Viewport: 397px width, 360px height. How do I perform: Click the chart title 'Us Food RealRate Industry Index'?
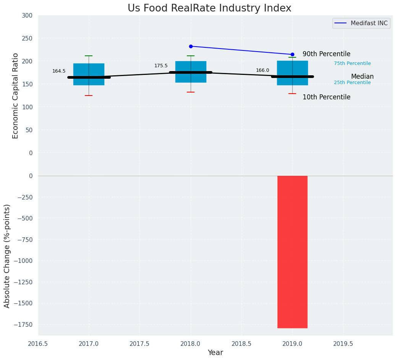coord(209,8)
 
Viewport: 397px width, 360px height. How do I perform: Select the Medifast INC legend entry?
coord(361,23)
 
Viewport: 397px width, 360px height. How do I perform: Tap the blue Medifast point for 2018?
coord(191,46)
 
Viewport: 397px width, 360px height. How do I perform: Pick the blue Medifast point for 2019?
coord(292,54)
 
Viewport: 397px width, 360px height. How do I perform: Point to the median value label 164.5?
coord(59,71)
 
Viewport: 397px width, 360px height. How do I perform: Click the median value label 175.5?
coord(161,66)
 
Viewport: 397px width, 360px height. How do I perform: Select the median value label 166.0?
coord(263,70)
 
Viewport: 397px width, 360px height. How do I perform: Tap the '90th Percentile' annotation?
coord(326,54)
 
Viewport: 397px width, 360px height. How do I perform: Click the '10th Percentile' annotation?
coord(326,97)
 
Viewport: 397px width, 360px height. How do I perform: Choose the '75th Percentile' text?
coord(352,63)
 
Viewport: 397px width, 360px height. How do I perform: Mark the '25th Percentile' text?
coord(352,83)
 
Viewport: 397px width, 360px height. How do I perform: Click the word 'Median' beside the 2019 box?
coord(362,76)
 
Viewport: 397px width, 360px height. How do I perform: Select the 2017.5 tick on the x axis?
coord(139,344)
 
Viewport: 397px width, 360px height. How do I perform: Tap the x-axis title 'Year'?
coord(216,353)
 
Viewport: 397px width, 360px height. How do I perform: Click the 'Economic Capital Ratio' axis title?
coord(16,96)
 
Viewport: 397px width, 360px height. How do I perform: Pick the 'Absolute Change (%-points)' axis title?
coord(7,256)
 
